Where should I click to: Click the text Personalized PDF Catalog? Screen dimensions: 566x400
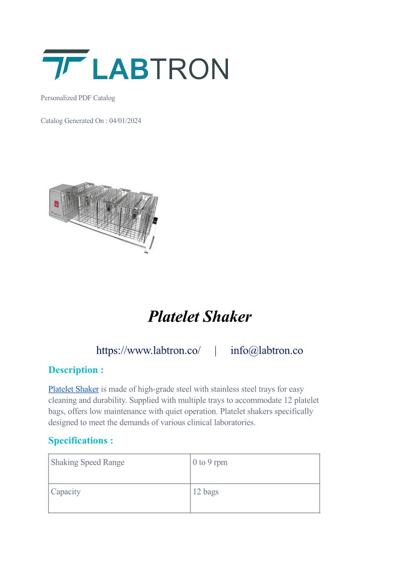click(78, 98)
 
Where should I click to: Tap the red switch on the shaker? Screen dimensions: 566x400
click(56, 204)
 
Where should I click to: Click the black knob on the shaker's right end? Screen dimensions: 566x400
click(155, 221)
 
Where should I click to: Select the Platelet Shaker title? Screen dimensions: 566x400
click(200, 317)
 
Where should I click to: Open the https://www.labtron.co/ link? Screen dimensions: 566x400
click(148, 350)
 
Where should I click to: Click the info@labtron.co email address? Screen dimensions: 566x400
click(267, 350)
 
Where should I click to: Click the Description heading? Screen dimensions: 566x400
click(76, 370)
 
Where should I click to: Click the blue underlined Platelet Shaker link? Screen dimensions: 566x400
click(73, 389)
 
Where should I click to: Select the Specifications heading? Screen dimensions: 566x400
click(81, 441)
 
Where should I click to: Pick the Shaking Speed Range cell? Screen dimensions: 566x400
click(88, 463)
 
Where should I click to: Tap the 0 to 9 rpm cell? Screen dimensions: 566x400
click(210, 463)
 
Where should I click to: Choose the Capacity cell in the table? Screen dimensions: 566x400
click(66, 492)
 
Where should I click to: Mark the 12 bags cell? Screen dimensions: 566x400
click(206, 492)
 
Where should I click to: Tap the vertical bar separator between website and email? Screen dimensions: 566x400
click(216, 351)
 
